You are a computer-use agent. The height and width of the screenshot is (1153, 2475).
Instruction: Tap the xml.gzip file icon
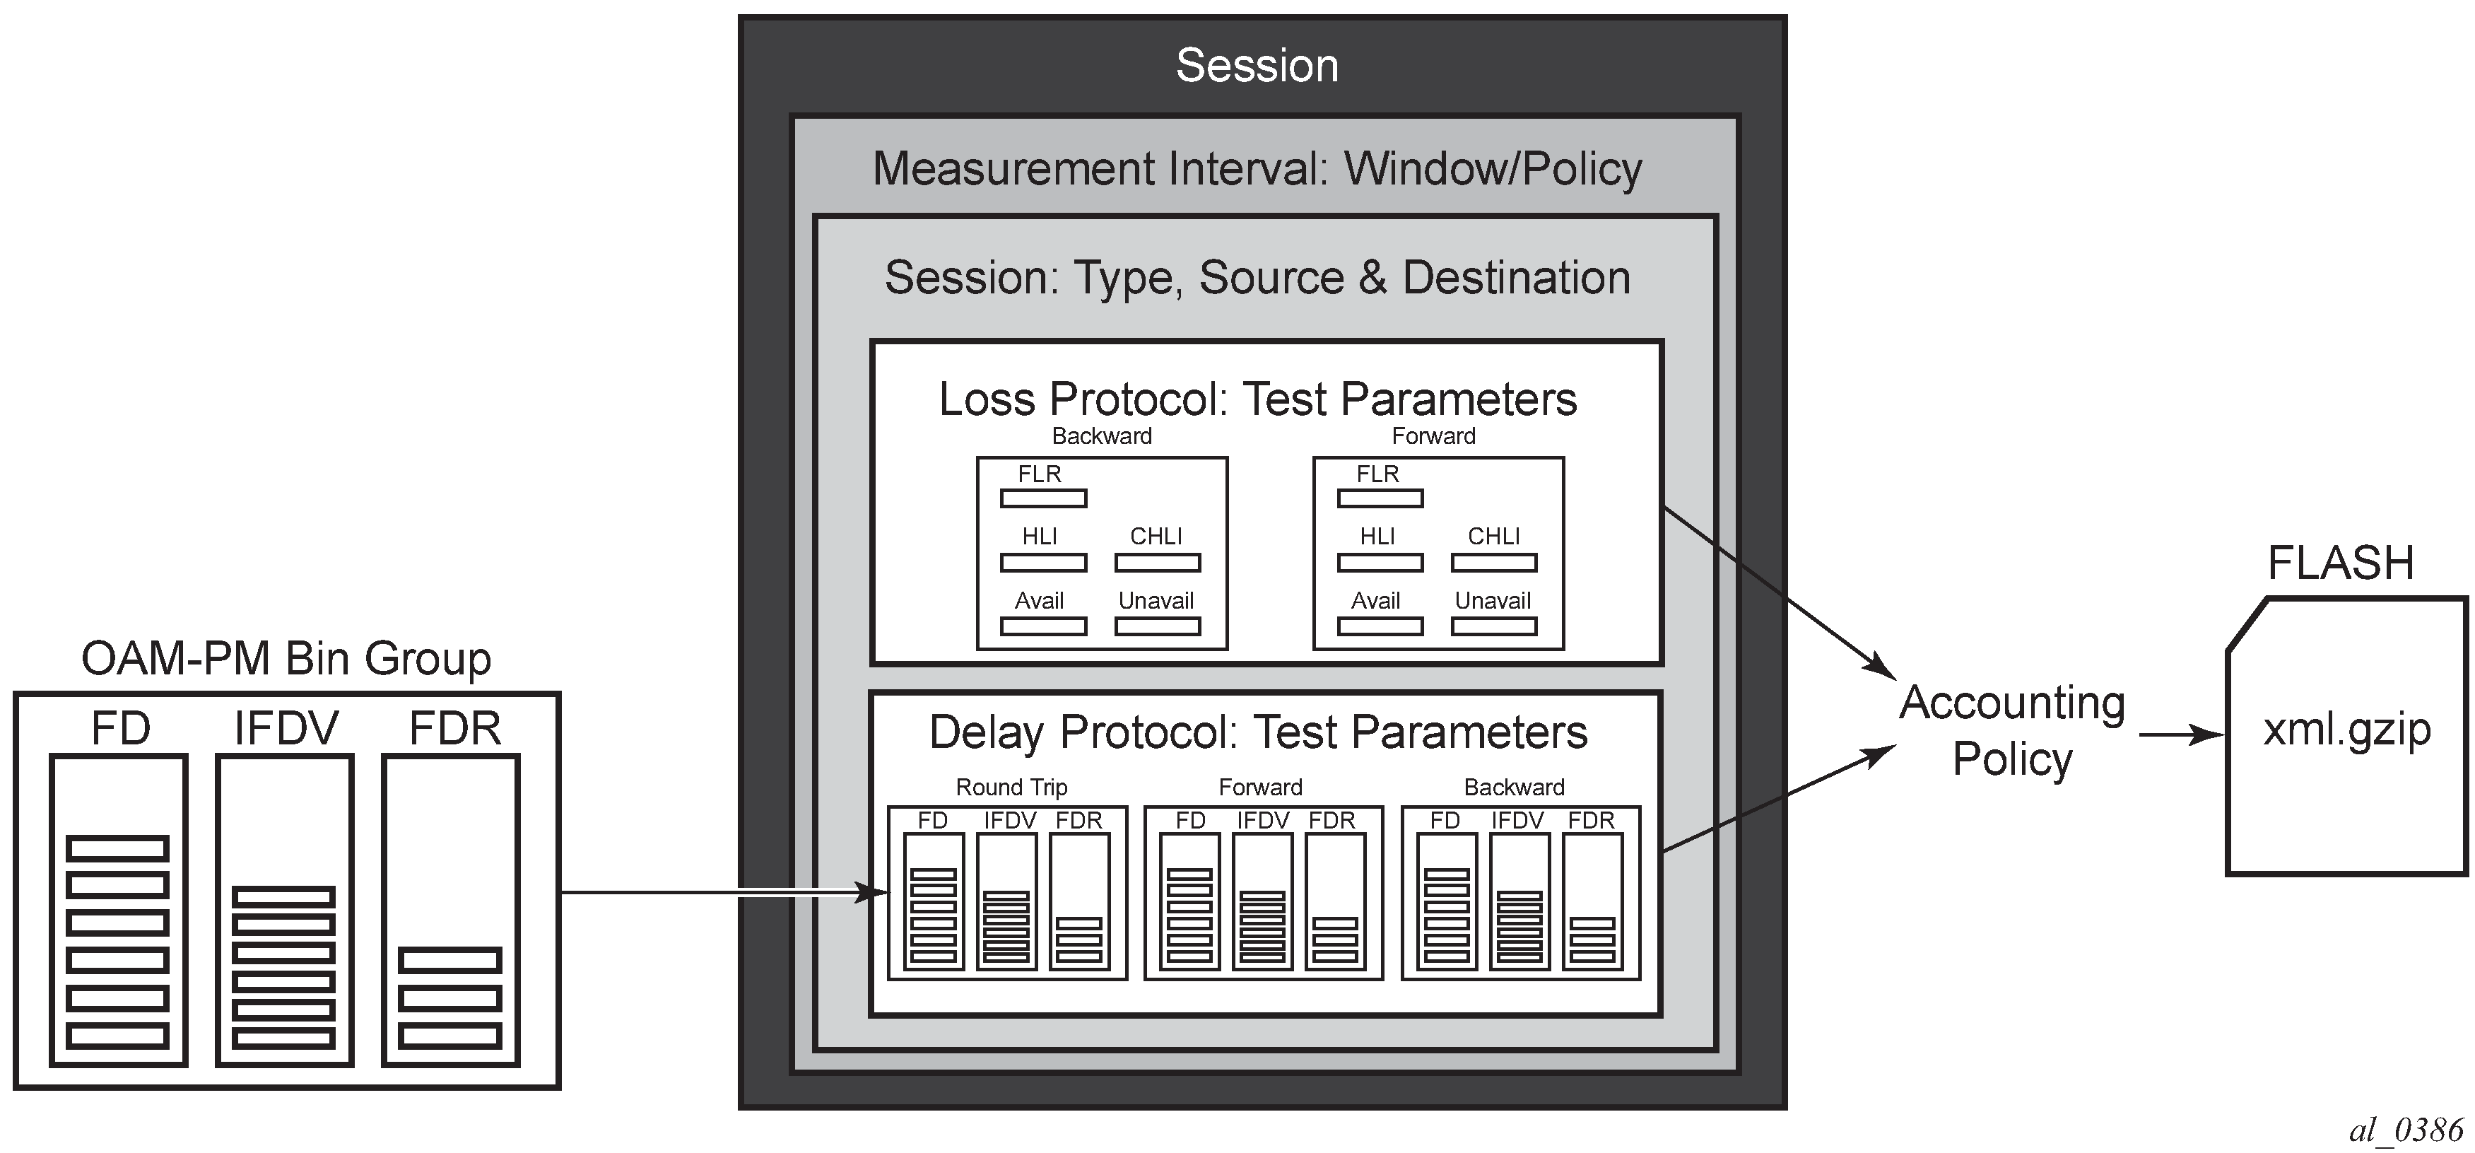pos(2346,735)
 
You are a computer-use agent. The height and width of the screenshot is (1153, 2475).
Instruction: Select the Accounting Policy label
pos(2012,730)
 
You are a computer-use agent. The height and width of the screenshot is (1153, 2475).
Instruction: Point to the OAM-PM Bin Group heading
pos(286,659)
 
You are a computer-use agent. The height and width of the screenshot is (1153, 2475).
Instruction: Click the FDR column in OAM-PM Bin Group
pos(452,910)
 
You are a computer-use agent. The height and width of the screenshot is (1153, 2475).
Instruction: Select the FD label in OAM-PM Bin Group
pos(121,728)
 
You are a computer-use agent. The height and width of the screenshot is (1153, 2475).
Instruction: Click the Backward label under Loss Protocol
pos(1101,436)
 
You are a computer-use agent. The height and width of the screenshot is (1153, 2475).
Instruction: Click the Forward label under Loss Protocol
pos(1433,436)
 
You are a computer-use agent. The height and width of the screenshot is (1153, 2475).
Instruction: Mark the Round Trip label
pos(1011,788)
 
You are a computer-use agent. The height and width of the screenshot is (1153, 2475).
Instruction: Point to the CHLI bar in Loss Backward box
pos(1158,563)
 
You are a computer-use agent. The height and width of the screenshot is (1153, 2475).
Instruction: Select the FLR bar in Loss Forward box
pos(1380,498)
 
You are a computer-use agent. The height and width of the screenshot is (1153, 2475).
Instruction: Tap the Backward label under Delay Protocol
pos(1513,788)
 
